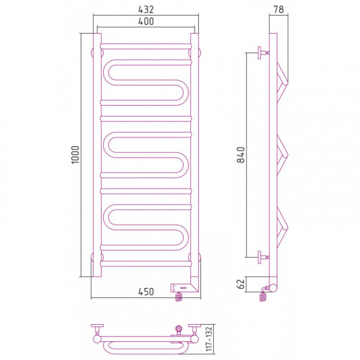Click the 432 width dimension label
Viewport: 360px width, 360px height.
coord(146,9)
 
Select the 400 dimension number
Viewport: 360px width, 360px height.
coord(146,22)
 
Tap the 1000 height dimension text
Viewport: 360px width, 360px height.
coord(75,155)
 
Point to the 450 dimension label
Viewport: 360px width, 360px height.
coord(146,292)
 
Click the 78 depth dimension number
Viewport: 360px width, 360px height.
coord(279,9)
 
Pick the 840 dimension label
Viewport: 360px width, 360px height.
coord(240,155)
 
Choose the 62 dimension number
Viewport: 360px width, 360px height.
coord(240,284)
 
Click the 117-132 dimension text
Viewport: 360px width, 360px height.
coord(209,338)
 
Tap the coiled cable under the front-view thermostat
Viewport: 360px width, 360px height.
coord(179,297)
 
